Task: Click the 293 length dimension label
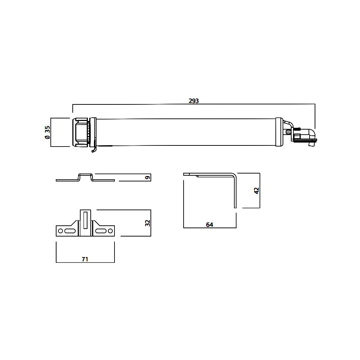pos(194,101)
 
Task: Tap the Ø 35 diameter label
pos(47,132)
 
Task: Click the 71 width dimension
pos(85,259)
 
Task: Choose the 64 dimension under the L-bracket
pos(210,225)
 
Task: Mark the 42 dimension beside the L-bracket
pos(256,190)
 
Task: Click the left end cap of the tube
pos(81,132)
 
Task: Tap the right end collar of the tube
pos(279,132)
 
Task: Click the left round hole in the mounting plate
pos(60,231)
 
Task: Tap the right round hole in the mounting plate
pos(110,231)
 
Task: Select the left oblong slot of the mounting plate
pos(70,231)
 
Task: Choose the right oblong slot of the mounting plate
pos(101,231)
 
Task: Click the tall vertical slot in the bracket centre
pos(85,220)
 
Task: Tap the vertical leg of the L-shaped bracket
pos(235,194)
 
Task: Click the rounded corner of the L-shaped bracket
pos(235,175)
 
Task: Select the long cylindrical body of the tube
pos(185,132)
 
